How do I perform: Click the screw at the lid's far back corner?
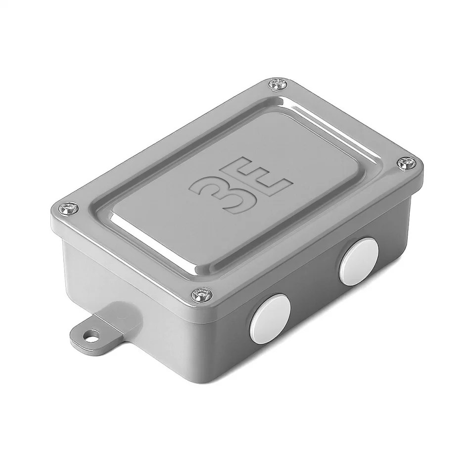pyautogui.click(x=278, y=84)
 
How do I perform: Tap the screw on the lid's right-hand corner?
pyautogui.click(x=406, y=163)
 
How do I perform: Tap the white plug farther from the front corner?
pyautogui.click(x=359, y=261)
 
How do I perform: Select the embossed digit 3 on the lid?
pyautogui.click(x=216, y=193)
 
